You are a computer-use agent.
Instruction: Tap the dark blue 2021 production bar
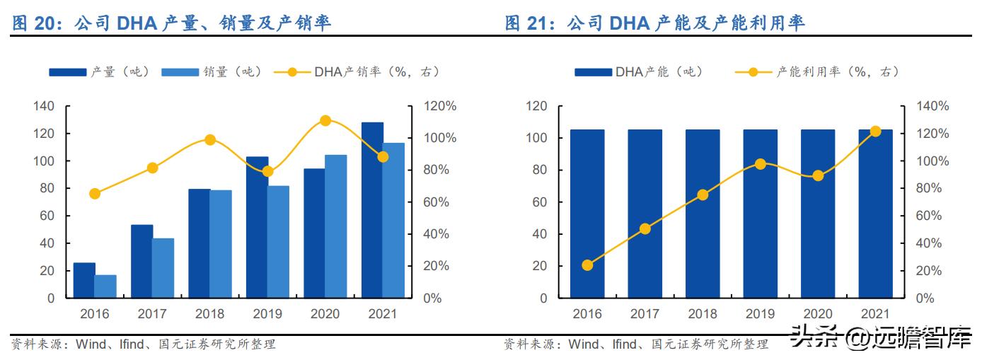[372, 210]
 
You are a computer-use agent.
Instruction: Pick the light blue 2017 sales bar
[163, 268]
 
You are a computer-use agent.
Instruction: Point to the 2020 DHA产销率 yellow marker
[325, 121]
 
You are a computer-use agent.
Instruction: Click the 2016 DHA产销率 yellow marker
[95, 194]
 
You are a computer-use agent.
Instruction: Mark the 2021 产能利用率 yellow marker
[875, 132]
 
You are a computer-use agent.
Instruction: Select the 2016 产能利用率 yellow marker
[587, 265]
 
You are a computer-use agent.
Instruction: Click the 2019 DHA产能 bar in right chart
[760, 214]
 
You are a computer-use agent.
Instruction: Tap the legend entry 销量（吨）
[212, 72]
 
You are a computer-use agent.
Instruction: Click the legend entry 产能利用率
[835, 72]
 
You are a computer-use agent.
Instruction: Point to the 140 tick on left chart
[44, 106]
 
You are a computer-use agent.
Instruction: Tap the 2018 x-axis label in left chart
[210, 313]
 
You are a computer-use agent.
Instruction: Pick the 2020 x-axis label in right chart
[817, 313]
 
